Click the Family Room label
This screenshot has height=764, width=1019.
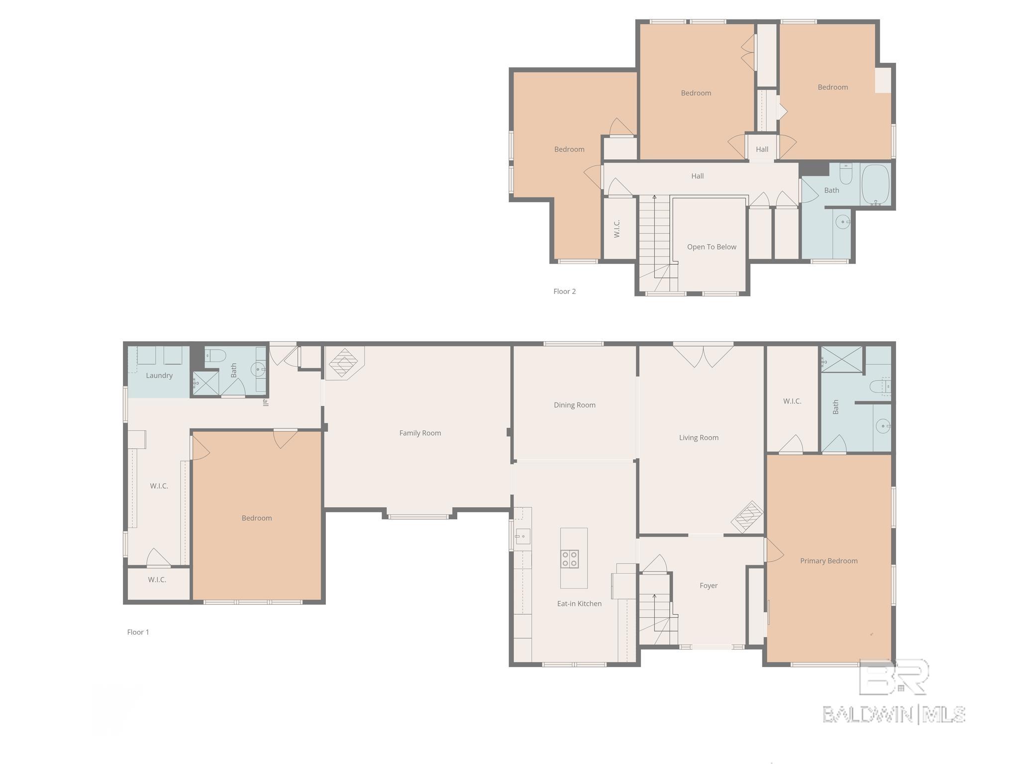point(420,433)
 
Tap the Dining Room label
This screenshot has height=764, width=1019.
point(575,405)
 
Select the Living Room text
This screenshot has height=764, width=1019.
point(699,438)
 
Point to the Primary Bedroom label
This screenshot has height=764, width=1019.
point(829,561)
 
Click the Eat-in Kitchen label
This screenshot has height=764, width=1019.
point(579,603)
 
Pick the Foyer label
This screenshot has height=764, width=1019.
point(709,585)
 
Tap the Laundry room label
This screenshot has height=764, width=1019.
point(159,376)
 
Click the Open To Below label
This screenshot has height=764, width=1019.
point(712,247)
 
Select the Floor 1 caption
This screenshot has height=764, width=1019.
point(138,632)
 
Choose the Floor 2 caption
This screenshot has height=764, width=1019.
point(565,291)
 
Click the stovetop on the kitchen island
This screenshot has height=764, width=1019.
point(570,559)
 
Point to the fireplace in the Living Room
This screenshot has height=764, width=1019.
point(747,517)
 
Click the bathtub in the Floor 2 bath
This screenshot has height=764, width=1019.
point(876,184)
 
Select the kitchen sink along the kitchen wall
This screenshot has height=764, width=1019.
point(522,537)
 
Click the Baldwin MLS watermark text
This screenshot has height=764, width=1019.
point(894,714)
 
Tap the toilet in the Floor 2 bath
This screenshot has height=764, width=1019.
point(846,174)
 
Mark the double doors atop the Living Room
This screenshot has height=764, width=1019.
point(703,355)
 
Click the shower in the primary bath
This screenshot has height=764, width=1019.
point(841,359)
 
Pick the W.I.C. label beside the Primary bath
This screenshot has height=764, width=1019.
point(792,401)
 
